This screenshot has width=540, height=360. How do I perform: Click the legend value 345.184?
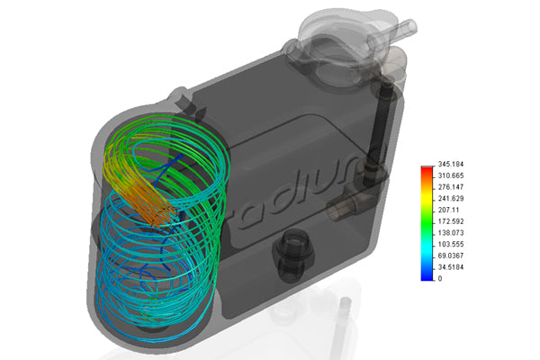(x=451, y=165)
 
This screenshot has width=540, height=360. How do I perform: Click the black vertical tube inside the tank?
(x=383, y=126)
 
